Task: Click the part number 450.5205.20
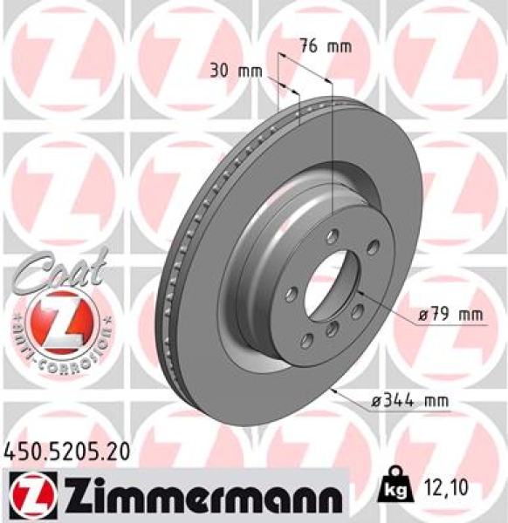point(66,451)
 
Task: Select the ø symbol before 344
point(376,400)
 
